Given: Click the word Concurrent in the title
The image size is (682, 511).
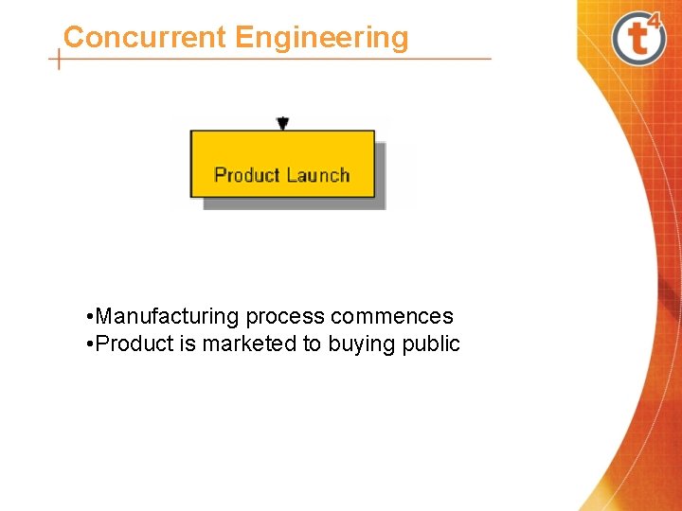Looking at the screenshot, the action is point(145,38).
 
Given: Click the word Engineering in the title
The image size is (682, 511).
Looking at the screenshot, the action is point(322,39).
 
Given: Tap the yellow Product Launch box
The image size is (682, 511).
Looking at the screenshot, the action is point(282,164).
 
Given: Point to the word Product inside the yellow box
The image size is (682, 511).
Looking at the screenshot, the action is point(247,175).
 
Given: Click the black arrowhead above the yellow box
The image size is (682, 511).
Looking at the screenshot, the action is point(282,123).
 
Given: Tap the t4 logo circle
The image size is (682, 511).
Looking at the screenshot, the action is point(637,39).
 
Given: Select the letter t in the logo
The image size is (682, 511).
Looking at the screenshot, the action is point(634,41).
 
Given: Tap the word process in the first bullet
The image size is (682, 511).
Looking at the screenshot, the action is point(285,317).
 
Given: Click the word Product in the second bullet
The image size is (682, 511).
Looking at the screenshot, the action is point(135,344).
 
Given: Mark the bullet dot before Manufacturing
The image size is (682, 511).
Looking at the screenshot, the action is point(88,317).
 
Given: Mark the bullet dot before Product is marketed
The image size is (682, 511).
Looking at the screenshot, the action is point(88,344).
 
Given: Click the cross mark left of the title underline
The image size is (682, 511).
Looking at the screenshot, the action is point(59,60).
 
